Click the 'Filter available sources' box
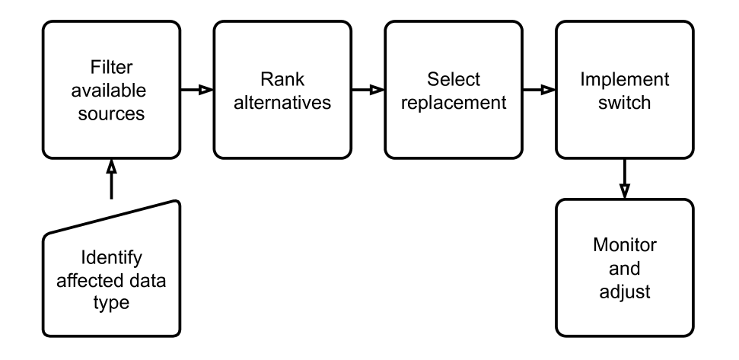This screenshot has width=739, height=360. [111, 90]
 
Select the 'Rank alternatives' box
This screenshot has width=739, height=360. [282, 90]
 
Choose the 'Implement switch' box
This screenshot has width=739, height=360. [625, 90]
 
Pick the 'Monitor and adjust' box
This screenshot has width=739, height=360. [625, 269]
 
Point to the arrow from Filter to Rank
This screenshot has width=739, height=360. [197, 90]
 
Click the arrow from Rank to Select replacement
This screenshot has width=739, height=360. [368, 90]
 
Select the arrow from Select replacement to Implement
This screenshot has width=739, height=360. [540, 90]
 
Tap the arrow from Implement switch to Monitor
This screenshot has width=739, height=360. [625, 178]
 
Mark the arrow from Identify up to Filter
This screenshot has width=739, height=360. [111, 178]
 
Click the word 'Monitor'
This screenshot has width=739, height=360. [625, 247]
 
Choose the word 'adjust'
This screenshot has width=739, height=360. [625, 292]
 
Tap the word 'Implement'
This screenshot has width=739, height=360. [625, 79]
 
